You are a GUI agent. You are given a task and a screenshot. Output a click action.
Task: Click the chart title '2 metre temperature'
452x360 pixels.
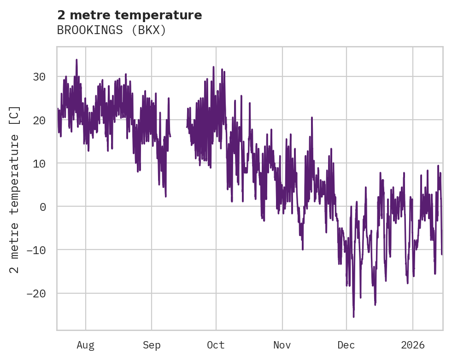coord(129,15)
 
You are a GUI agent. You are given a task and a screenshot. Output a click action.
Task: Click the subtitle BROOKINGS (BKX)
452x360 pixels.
coord(111,30)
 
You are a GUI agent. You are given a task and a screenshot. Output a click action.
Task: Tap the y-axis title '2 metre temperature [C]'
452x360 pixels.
coord(15,189)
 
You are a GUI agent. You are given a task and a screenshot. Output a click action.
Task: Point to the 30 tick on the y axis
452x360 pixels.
coord(39,77)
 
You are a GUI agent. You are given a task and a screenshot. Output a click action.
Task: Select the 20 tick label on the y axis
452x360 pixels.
coord(39,120)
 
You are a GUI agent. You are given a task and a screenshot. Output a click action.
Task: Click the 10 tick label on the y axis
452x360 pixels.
coord(39,163)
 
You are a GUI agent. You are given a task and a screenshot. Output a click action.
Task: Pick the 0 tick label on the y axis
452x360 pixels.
coord(43,207)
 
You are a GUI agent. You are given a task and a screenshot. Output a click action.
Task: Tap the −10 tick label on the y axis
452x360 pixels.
coord(36,250)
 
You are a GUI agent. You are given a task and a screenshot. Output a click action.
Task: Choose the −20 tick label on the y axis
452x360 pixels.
coord(36,293)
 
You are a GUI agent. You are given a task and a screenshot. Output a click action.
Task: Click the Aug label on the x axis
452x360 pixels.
coord(85,345)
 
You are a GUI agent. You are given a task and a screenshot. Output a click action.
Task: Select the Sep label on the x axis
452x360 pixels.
coord(152,345)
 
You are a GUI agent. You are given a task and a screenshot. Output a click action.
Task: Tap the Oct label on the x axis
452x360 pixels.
coord(216,345)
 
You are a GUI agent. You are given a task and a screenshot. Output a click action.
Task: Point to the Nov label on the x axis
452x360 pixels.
coord(282,345)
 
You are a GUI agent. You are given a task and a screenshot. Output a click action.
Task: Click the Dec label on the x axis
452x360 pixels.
coord(346,345)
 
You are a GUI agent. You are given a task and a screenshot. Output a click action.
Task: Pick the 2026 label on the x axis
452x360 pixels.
coord(413,345)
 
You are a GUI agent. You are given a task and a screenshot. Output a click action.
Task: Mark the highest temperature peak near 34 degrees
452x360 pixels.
coord(76,60)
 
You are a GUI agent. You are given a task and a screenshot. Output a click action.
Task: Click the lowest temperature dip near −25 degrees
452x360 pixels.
coord(353,316)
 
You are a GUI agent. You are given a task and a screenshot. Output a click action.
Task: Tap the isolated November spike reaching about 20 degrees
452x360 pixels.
coord(311,118)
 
